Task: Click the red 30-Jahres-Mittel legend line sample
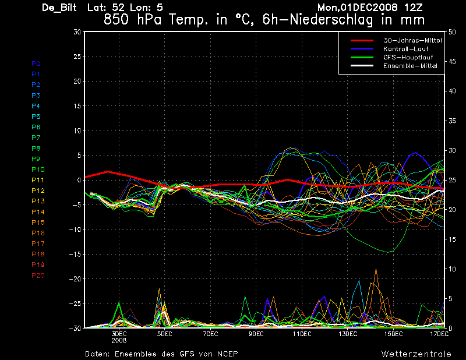[x=362, y=40]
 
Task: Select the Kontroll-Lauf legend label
[x=405, y=49]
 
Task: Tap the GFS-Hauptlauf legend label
[x=408, y=57]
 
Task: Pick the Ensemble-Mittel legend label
[x=410, y=66]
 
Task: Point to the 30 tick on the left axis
[x=77, y=31]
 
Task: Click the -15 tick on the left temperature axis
[x=75, y=254]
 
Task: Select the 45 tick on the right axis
[x=452, y=62]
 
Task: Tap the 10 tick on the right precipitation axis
[x=452, y=269]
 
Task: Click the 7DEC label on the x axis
[x=210, y=334]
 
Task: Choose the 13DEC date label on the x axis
[x=348, y=334]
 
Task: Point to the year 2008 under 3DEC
[x=119, y=340]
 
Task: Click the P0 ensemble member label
[x=36, y=63]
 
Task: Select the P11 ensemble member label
[x=38, y=180]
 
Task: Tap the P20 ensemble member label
[x=38, y=276]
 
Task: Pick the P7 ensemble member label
[x=36, y=137]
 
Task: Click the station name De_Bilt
[x=59, y=8]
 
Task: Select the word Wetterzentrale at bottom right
[x=416, y=354]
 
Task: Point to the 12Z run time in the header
[x=414, y=8]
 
